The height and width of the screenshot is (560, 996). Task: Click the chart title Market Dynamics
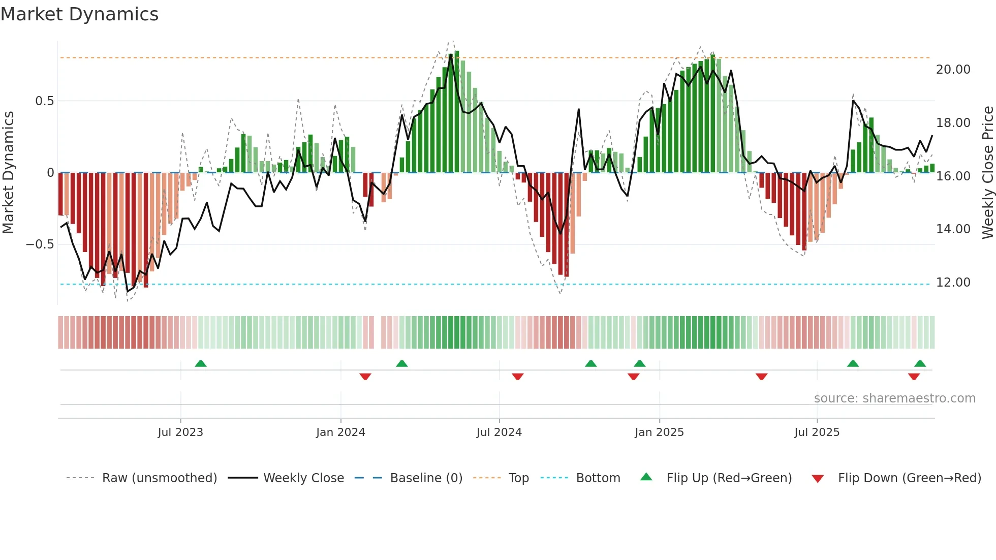pos(79,14)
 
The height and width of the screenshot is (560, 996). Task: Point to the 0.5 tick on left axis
pos(44,101)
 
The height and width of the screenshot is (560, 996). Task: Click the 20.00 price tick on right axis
pos(953,70)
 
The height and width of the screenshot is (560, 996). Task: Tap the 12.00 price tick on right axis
pos(953,283)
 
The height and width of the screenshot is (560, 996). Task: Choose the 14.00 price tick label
pos(953,229)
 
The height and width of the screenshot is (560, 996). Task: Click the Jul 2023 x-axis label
pos(180,432)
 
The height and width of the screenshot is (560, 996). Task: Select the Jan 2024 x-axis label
pos(340,432)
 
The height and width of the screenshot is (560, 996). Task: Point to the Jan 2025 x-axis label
pos(659,432)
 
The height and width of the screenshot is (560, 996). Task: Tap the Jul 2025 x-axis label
pos(817,432)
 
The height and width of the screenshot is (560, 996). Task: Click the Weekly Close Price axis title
pos(987,172)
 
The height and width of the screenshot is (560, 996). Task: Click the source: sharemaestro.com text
pos(894,398)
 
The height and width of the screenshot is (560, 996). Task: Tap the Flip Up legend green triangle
pos(646,477)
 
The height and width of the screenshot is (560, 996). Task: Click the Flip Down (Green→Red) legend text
pos(909,478)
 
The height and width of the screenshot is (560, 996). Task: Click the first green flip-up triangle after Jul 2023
pos(201,364)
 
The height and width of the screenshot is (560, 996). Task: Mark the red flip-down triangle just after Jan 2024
pos(365,377)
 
